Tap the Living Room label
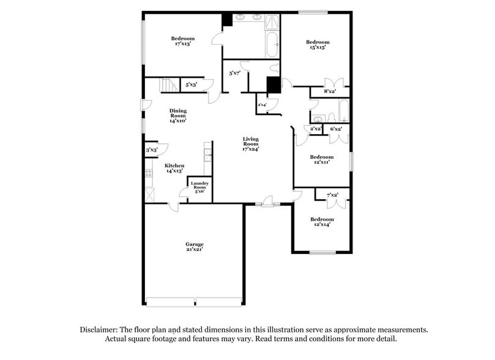click(x=251, y=141)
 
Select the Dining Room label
click(x=178, y=113)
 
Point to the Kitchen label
click(x=174, y=165)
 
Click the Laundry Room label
click(x=199, y=186)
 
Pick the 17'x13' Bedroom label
click(x=183, y=39)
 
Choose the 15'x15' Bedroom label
click(x=318, y=42)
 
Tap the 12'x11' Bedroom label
click(x=322, y=157)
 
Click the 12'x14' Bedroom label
click(x=322, y=219)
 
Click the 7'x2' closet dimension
click(x=333, y=195)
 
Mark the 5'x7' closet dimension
click(x=234, y=73)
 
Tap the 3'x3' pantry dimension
click(x=152, y=150)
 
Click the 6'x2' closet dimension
click(x=336, y=129)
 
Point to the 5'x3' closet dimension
click(x=191, y=85)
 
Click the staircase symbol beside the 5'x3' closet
click(x=168, y=85)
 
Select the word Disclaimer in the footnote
click(x=101, y=329)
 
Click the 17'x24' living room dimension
click(x=251, y=149)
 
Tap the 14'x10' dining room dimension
click(x=178, y=121)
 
